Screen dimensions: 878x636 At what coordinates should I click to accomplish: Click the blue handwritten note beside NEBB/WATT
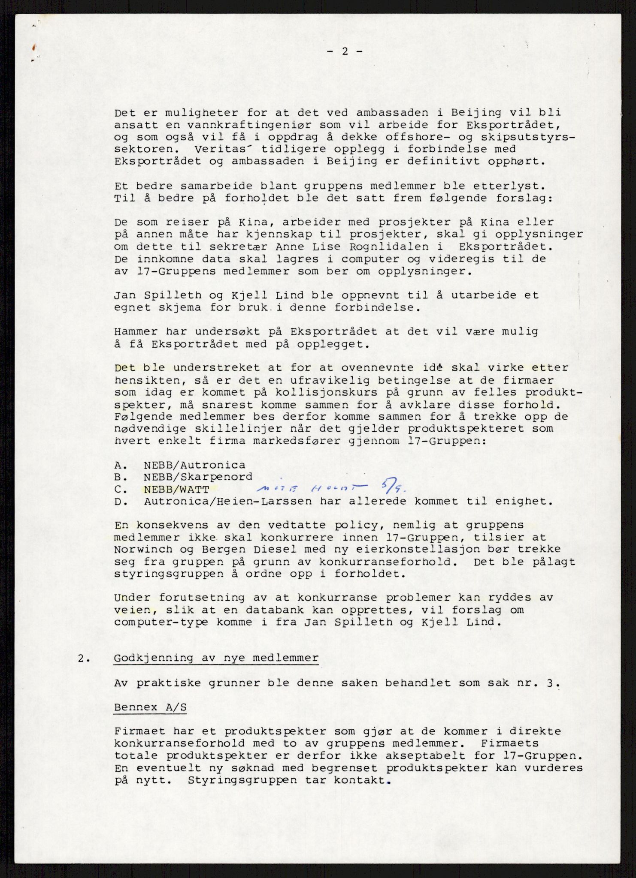coord(313,488)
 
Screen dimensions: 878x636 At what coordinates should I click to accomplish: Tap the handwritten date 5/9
coord(391,486)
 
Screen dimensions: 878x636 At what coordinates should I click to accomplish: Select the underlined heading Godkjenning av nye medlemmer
coord(216,658)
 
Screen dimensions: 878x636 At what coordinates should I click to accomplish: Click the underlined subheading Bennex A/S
coord(150,707)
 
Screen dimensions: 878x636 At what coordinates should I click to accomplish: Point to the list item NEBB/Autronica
coord(194,465)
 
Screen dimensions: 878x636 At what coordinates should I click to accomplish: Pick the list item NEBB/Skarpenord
coord(198,477)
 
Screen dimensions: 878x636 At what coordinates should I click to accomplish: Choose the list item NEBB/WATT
coord(176,490)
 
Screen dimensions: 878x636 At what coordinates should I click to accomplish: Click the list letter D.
coord(120,502)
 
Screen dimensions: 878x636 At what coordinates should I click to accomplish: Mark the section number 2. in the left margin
coord(84,658)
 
